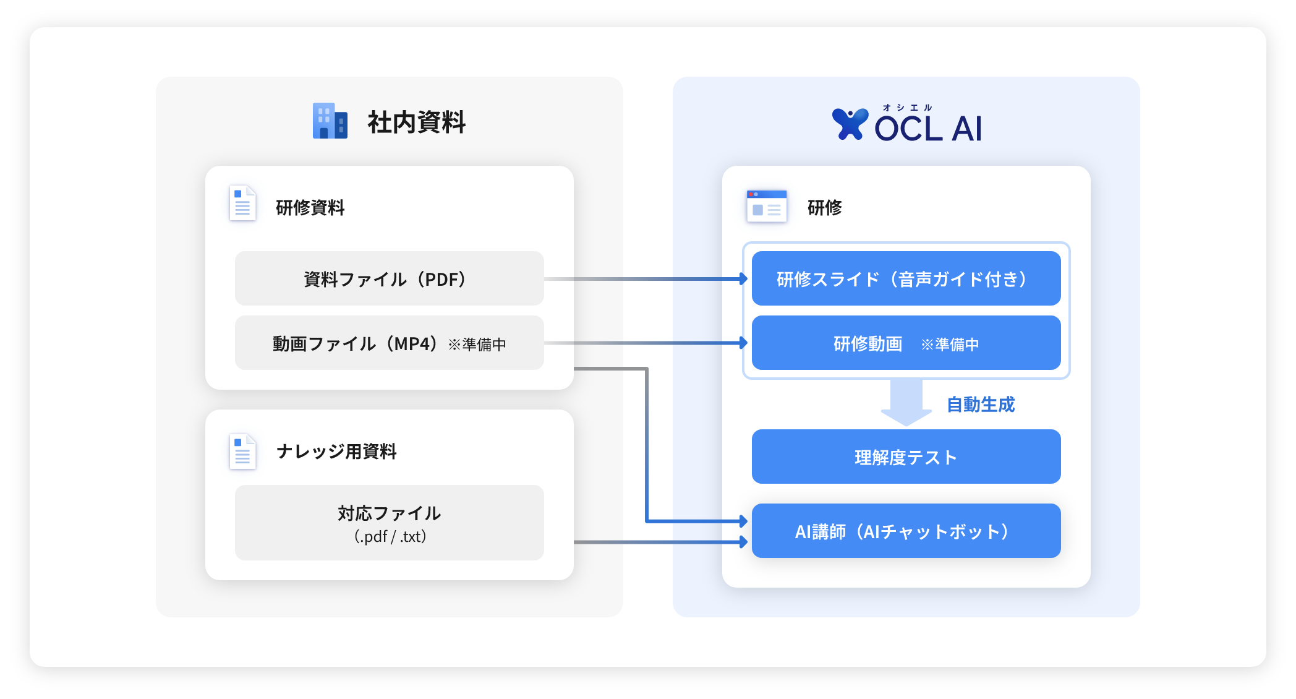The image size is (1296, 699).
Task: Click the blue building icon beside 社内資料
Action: [x=330, y=121]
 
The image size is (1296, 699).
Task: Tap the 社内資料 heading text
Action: [x=416, y=122]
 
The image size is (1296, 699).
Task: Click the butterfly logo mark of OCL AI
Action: [x=850, y=124]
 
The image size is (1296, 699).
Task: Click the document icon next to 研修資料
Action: [x=242, y=204]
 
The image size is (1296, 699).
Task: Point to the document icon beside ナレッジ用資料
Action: [x=242, y=452]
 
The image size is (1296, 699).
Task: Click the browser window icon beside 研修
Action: [x=766, y=207]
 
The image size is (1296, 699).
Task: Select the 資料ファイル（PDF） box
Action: [x=389, y=278]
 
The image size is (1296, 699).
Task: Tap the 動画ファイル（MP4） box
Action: [x=389, y=343]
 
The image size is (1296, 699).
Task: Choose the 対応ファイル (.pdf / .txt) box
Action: [x=389, y=523]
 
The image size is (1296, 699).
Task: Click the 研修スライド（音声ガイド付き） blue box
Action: [x=906, y=278]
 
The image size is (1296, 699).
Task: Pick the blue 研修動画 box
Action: [x=906, y=343]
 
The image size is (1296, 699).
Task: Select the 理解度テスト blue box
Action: [x=906, y=457]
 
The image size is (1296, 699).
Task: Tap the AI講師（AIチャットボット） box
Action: [x=906, y=531]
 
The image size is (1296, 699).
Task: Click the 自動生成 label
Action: [x=981, y=405]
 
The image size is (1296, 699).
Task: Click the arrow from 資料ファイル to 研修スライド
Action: [x=646, y=279]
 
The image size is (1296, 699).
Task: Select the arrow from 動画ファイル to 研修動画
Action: [x=646, y=343]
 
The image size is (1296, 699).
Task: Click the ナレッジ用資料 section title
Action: [x=336, y=452]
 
